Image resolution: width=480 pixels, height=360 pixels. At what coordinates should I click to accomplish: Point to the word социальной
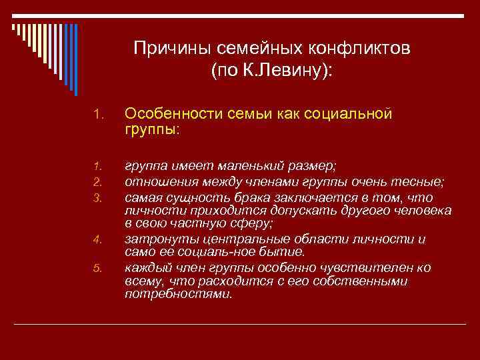point(351,114)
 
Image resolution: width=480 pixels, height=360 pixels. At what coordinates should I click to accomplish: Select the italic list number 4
point(96,239)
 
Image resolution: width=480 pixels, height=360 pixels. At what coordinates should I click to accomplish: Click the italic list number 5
point(96,268)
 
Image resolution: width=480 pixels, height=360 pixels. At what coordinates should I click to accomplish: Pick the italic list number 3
point(96,198)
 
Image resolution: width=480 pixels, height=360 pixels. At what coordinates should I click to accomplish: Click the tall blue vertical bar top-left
point(75,60)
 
